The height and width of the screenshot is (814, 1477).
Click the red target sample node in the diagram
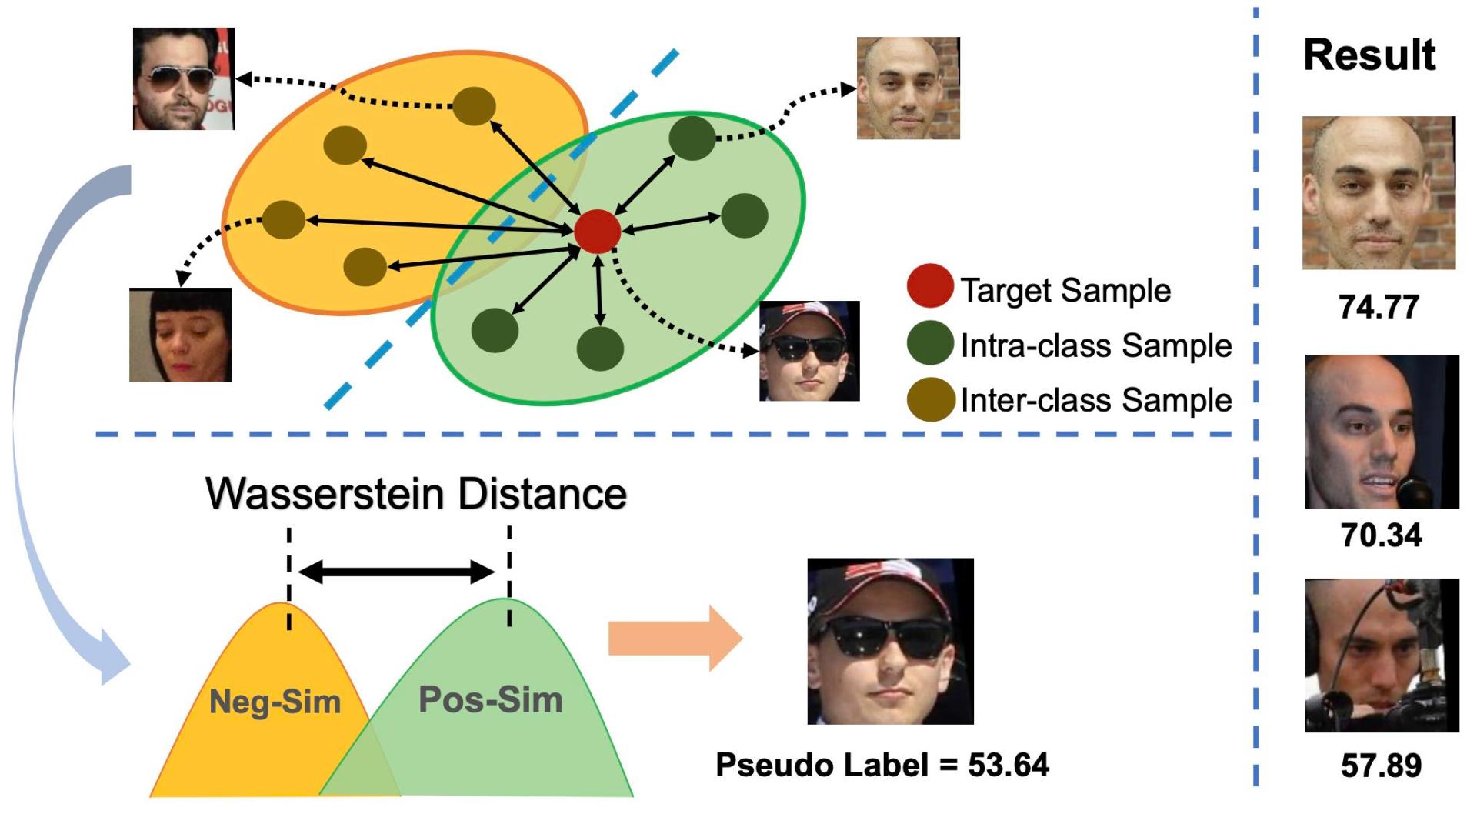click(x=598, y=231)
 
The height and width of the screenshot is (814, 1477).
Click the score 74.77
click(x=1379, y=307)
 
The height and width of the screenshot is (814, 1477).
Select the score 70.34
click(x=1381, y=535)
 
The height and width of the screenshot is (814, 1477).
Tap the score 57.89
click(x=1381, y=766)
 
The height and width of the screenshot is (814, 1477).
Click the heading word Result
click(x=1369, y=55)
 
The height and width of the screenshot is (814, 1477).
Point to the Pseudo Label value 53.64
click(x=1008, y=765)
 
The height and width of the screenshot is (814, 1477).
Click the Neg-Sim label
click(x=275, y=702)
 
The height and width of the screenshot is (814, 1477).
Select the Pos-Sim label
click(x=491, y=699)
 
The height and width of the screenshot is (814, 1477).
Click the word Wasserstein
click(x=325, y=494)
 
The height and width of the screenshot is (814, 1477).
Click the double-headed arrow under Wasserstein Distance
click(x=396, y=572)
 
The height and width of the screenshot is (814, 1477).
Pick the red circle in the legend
click(x=930, y=286)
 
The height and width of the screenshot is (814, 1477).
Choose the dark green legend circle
click(x=930, y=343)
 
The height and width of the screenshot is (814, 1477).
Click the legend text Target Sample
click(x=1065, y=291)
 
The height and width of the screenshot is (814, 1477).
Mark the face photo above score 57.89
click(x=1382, y=656)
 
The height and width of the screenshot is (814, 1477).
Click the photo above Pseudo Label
click(x=890, y=641)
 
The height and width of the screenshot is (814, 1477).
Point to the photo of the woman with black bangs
click(x=180, y=335)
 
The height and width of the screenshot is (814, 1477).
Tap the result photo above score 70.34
click(x=1382, y=432)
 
